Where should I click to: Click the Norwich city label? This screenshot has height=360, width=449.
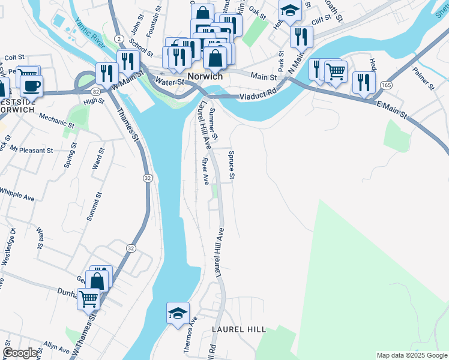click(x=205, y=77)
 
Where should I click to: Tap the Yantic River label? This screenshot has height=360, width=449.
click(x=90, y=34)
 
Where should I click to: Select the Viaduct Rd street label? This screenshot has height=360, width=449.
click(x=256, y=94)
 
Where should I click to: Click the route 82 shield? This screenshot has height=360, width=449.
click(x=96, y=91)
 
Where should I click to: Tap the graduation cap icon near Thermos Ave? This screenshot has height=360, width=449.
click(x=178, y=313)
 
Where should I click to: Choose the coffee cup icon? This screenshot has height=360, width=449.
click(x=31, y=85)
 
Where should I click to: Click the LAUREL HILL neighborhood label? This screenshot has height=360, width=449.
click(x=238, y=330)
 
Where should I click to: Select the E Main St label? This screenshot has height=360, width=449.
click(x=393, y=113)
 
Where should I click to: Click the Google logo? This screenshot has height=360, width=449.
click(x=20, y=353)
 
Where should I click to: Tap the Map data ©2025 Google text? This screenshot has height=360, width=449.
click(x=411, y=355)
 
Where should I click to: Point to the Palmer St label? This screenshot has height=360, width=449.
click(x=423, y=79)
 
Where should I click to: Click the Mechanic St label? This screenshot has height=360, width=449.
click(x=56, y=122)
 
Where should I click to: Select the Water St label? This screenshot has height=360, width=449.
click(x=168, y=82)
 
